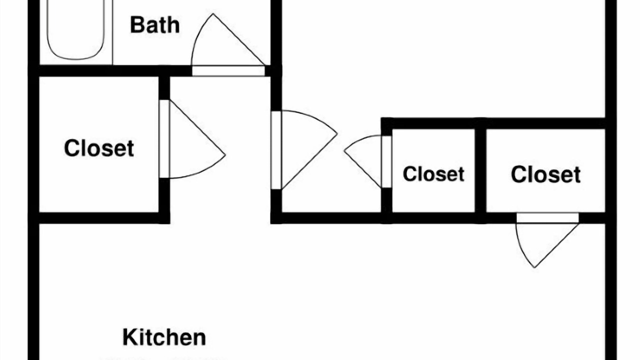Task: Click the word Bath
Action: coord(154,24)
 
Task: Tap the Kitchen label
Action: coord(164,337)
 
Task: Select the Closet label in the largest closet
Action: coord(99,148)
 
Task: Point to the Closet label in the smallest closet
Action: coord(433,174)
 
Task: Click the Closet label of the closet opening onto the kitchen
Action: coord(545,174)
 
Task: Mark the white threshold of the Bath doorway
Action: coord(228,71)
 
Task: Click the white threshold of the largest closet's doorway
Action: coord(164,139)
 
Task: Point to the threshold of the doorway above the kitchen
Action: coord(547,218)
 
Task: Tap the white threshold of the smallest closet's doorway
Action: coord(386,161)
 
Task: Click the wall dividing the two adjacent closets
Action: coord(480,170)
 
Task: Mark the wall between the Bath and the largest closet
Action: coord(100,71)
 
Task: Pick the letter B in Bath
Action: coord(136,24)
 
